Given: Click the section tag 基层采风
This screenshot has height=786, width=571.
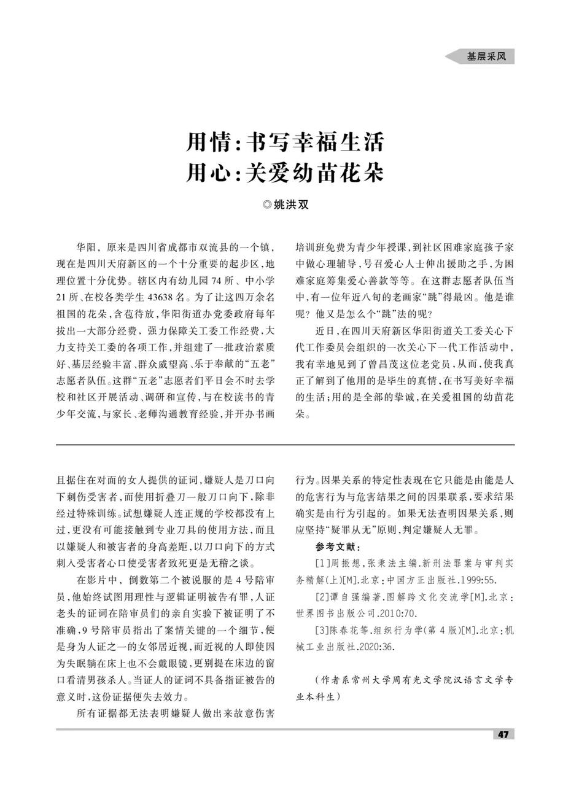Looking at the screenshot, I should (486, 56).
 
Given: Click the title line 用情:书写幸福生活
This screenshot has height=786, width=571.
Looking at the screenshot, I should (285, 142).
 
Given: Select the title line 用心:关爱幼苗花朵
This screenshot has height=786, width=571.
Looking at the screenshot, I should (285, 173).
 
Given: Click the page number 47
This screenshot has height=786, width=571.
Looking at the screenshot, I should (503, 734).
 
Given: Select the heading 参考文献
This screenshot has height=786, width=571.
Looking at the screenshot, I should (338, 547).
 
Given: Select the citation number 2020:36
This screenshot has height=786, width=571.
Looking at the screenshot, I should (374, 647).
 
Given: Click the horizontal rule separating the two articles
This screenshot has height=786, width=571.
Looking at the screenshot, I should (285, 445).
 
